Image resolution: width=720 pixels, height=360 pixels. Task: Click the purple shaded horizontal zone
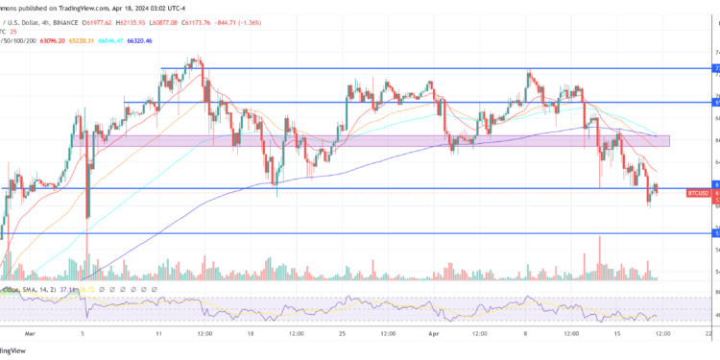(384, 140)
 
